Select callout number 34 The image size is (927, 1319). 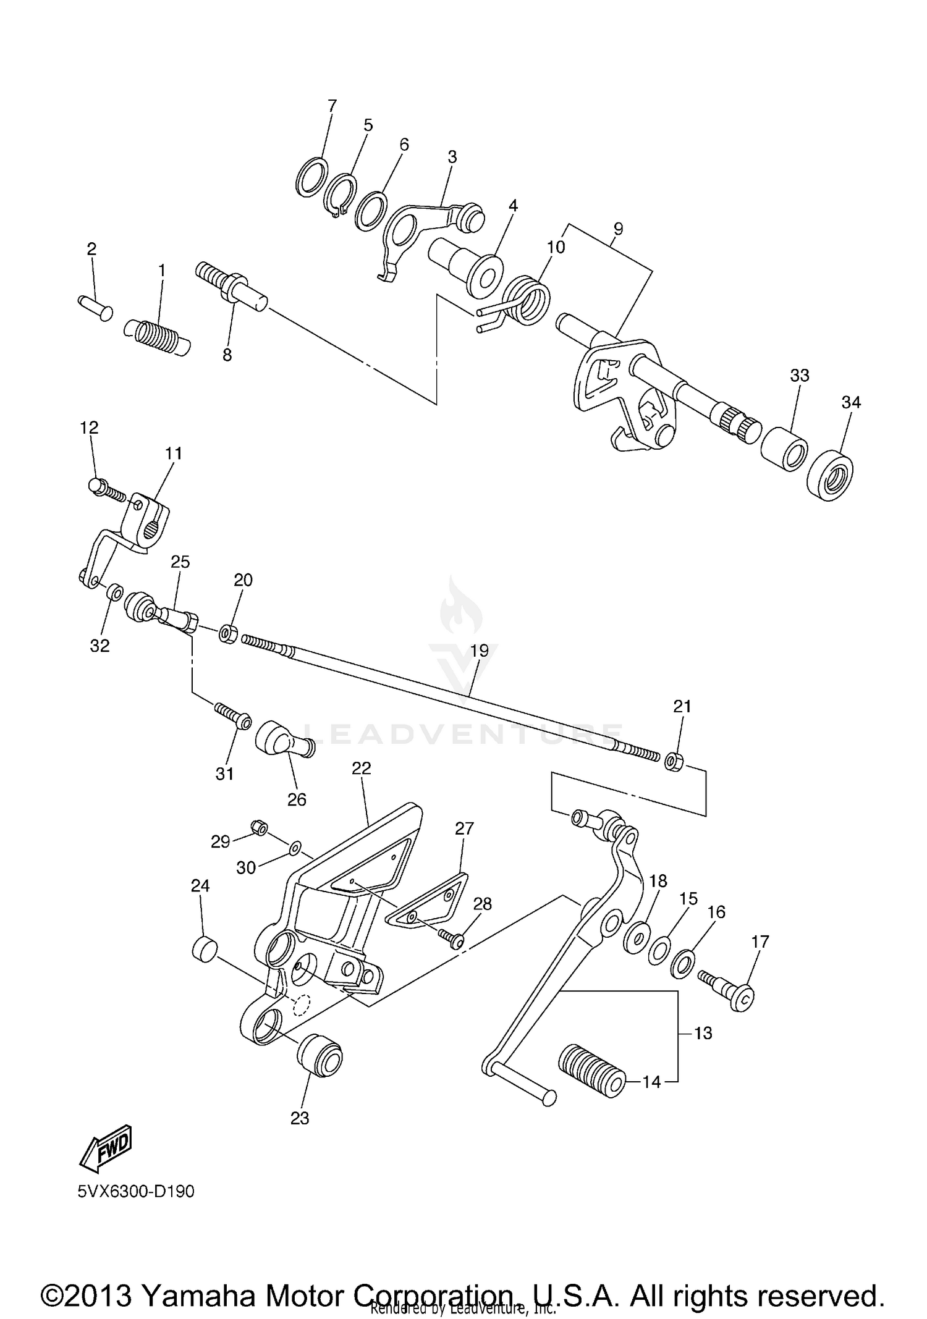point(850,402)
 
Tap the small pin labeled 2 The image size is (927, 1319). point(95,307)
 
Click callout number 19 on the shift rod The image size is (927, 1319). point(480,650)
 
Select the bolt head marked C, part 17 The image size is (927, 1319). point(743,997)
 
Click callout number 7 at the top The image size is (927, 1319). point(332,106)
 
